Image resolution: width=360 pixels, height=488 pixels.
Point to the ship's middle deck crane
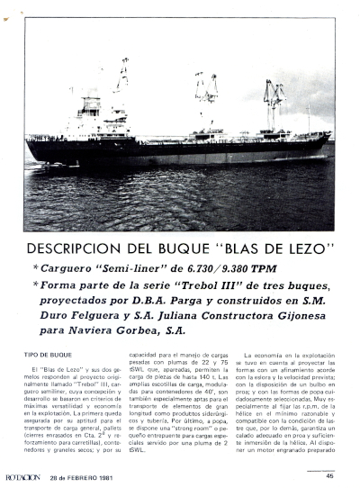206,99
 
